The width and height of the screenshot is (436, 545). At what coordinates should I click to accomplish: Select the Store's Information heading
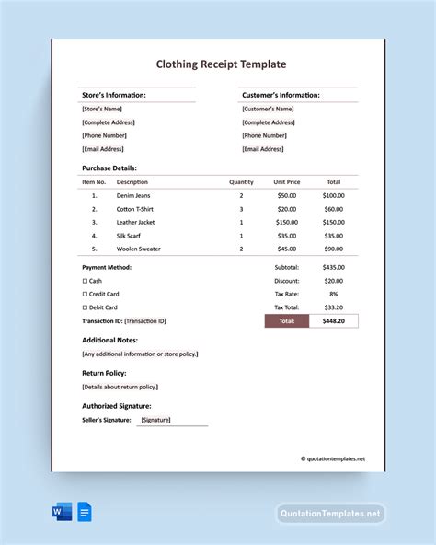[113, 95]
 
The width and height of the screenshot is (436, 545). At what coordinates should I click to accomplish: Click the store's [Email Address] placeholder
[102, 148]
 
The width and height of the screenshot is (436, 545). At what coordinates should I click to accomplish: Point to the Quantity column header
[241, 182]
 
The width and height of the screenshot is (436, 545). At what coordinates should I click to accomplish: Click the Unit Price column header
[287, 182]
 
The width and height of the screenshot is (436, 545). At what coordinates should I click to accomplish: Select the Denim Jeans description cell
[133, 195]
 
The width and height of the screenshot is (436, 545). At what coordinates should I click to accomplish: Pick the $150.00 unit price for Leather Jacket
[287, 222]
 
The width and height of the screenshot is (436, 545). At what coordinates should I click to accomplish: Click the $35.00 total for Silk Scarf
[333, 236]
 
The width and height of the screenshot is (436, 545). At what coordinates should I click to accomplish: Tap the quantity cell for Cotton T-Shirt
[241, 209]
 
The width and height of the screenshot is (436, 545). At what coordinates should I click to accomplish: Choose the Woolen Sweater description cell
[139, 249]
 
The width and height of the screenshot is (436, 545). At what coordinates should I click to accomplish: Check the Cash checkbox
[85, 281]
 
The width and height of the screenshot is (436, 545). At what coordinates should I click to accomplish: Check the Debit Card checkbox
[85, 307]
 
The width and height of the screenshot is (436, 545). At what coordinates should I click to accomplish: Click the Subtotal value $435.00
[333, 267]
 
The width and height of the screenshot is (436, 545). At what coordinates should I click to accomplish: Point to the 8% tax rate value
[333, 294]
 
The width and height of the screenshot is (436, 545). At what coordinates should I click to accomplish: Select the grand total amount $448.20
[333, 321]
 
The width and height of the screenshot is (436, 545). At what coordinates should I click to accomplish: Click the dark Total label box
[287, 321]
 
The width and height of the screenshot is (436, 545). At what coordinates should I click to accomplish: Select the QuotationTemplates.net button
[329, 514]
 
